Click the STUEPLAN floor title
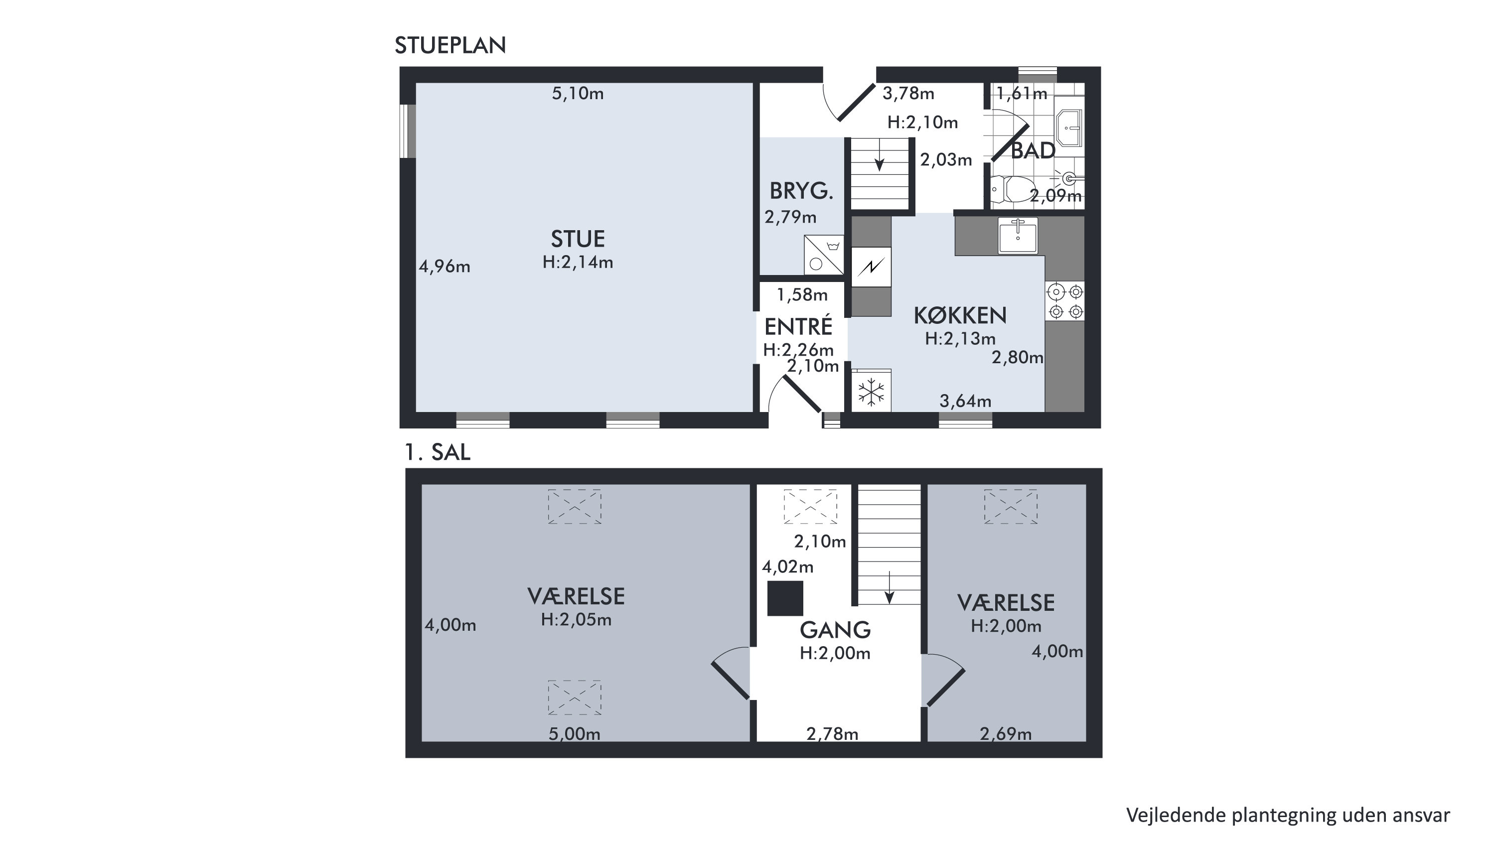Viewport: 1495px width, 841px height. pos(450,45)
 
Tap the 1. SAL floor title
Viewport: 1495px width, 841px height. pos(438,452)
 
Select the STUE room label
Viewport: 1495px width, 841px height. pos(578,239)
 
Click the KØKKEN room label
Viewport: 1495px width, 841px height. pos(960,316)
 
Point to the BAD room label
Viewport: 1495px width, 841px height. pos(1033,151)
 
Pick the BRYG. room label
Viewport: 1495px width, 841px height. pos(801,191)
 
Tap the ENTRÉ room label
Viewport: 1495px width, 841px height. pos(798,326)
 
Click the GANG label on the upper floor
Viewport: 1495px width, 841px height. pos(835,630)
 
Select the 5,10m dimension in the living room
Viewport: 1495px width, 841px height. pos(578,94)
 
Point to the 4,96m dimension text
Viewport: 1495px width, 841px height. pos(445,267)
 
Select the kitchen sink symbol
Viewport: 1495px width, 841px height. pos(1018,236)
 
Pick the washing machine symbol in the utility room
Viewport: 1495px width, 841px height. pos(823,254)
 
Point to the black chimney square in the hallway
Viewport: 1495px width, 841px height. pos(785,598)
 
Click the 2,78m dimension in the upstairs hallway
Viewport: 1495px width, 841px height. pos(832,734)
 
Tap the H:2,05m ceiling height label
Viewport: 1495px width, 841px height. pos(576,620)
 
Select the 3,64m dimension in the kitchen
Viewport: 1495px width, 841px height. pos(965,401)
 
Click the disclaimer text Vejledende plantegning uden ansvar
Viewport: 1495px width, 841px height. pos(1288,815)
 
